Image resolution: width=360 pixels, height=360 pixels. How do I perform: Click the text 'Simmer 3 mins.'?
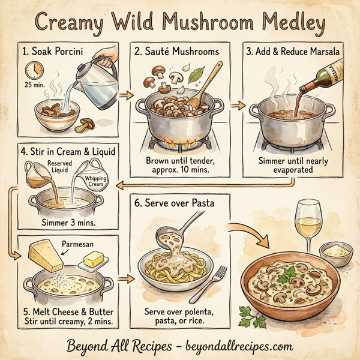tap(69, 223)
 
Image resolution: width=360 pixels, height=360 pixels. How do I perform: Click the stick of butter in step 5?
tap(94, 260)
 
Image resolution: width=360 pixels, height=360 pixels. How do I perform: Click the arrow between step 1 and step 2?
tap(125, 95)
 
